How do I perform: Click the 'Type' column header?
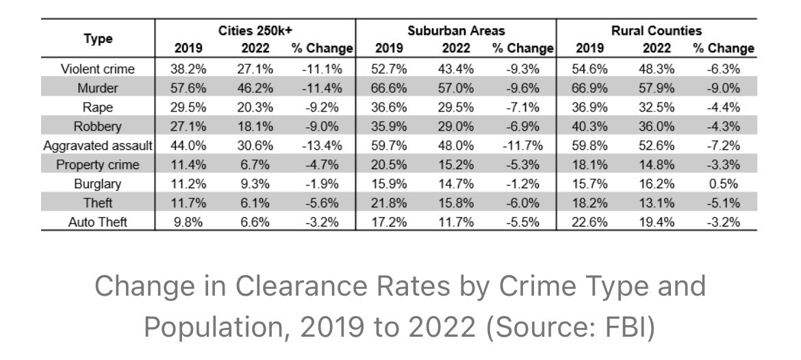click(98, 39)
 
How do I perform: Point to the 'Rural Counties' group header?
click(657, 31)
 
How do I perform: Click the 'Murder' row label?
click(98, 88)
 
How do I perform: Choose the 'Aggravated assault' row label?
click(98, 146)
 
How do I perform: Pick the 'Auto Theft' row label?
click(98, 222)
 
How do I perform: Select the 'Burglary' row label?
click(98, 184)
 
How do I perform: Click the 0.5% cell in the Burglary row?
click(723, 184)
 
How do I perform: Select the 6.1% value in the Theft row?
click(255, 203)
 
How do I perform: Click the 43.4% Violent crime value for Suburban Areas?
click(455, 69)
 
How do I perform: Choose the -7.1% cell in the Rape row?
click(522, 107)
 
